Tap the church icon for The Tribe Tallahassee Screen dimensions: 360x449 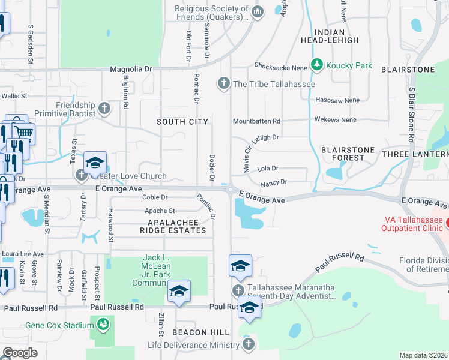tap(224, 83)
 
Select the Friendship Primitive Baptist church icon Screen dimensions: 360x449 tap(104, 109)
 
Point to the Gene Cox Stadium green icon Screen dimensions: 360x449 tap(103, 325)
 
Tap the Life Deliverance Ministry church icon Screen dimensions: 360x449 tap(249, 344)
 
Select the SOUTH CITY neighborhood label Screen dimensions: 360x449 tap(178, 122)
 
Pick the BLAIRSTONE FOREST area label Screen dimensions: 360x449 tap(348, 154)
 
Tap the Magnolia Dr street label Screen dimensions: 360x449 tap(131, 70)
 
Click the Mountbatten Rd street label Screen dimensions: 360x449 tap(256, 121)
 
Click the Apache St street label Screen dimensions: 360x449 tap(160, 211)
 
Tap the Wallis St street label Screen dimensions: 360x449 tap(14, 95)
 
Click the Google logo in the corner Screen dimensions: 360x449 tap(20, 352)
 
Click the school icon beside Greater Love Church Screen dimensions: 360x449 tap(95, 163)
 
